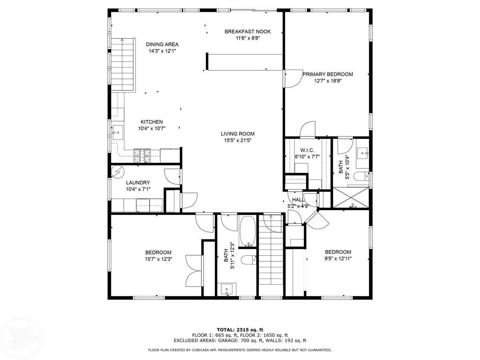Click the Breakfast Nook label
point(248,32)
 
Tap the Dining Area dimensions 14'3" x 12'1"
point(162,51)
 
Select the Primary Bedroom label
point(328,74)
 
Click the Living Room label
point(238,134)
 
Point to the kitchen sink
point(118,132)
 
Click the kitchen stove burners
point(142,156)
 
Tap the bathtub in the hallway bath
point(248,232)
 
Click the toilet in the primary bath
point(361,176)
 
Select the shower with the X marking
point(351,197)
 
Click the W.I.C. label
point(307,150)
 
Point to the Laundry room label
point(138,182)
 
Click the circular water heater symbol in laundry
point(118,172)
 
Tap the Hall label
point(298,200)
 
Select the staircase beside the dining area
point(122,65)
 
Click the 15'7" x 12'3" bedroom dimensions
point(158,259)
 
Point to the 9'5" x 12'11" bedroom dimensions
point(338,259)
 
